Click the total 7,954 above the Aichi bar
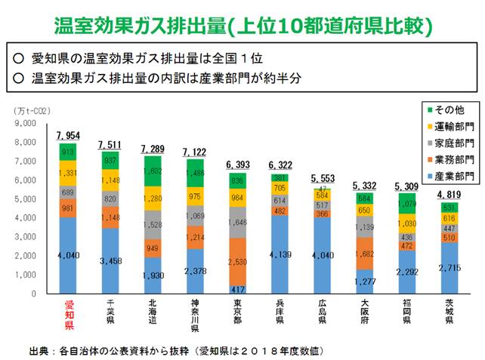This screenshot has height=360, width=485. (x=69, y=136)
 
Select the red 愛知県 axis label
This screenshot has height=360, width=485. (x=69, y=315)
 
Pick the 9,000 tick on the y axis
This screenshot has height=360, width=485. (x=26, y=123)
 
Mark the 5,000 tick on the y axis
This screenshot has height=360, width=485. (x=26, y=199)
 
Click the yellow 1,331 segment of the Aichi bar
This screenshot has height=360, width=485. (x=69, y=173)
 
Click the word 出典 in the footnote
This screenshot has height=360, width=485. (x=39, y=350)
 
